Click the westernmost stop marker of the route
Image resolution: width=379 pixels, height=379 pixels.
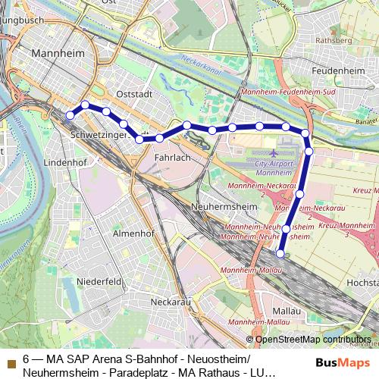tap(70, 115)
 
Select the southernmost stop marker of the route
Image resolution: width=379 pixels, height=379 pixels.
tap(280, 254)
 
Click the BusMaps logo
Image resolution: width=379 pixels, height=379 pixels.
tap(337, 363)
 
